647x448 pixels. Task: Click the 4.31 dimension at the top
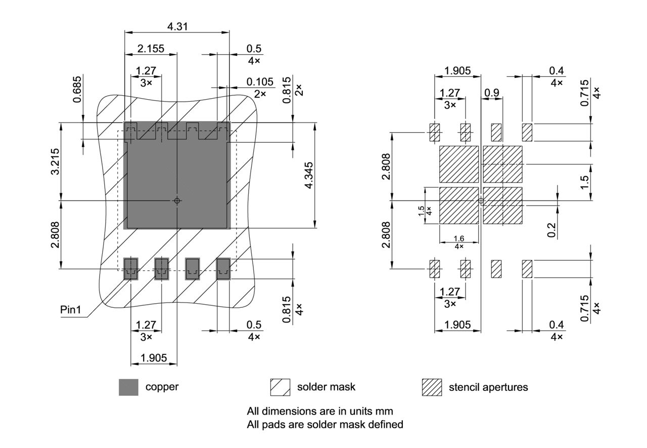177,26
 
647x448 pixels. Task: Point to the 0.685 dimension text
77,89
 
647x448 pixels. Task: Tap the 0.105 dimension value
260,82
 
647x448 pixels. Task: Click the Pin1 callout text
71,310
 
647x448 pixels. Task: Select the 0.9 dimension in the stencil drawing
491,93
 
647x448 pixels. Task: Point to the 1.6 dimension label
459,238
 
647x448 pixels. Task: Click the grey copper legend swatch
128,387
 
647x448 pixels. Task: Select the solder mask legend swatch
280,387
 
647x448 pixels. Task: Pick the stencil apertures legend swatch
432,387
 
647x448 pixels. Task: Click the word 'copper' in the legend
162,387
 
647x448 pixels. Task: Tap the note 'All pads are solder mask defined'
325,425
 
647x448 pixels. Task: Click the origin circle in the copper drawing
177,201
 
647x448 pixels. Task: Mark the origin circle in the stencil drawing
481,201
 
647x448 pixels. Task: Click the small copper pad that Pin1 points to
131,268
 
